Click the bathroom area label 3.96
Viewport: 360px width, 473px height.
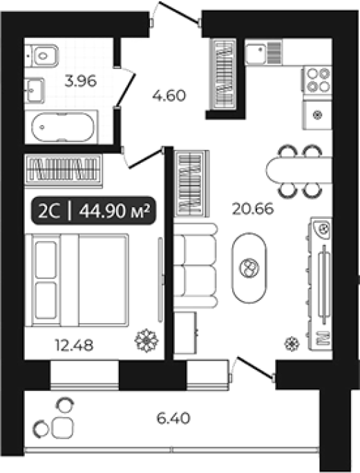pyautogui.click(x=81, y=81)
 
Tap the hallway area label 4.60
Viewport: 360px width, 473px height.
pyautogui.click(x=169, y=96)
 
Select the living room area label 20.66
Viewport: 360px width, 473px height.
pyautogui.click(x=253, y=209)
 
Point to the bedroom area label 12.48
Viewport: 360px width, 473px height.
pyautogui.click(x=74, y=345)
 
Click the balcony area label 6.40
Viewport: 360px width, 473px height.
pyautogui.click(x=173, y=418)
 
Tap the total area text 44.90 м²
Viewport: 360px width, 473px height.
pyautogui.click(x=115, y=211)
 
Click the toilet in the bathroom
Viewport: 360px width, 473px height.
pyautogui.click(x=41, y=56)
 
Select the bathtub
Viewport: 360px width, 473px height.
pyautogui.click(x=62, y=127)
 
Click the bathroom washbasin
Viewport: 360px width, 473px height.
pyautogui.click(x=35, y=90)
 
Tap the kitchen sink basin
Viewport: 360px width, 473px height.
pyautogui.click(x=255, y=55)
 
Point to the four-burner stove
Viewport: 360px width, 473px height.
pyautogui.click(x=318, y=79)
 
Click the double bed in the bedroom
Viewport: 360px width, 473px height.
pyautogui.click(x=77, y=280)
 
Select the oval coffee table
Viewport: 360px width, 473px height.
pyautogui.click(x=249, y=267)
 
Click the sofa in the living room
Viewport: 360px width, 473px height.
pyautogui.click(x=196, y=265)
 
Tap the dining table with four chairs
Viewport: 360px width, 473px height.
pyautogui.click(x=299, y=171)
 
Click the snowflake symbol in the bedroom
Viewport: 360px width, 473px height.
pyautogui.click(x=146, y=341)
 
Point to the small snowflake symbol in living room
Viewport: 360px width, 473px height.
pyautogui.click(x=292, y=344)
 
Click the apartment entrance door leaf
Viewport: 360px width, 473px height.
pyautogui.click(x=179, y=12)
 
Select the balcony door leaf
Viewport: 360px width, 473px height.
pyautogui.click(x=256, y=367)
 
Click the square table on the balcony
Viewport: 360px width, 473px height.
pyautogui.click(x=62, y=427)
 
